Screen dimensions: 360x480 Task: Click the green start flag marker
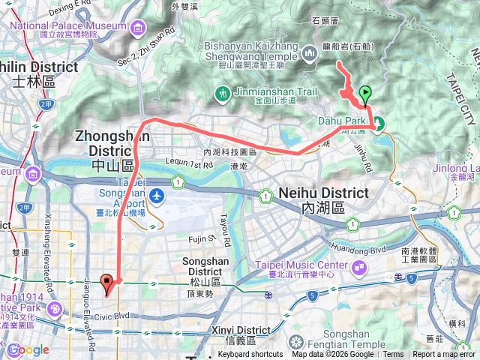click(365, 94)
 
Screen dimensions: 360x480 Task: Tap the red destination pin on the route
click(107, 283)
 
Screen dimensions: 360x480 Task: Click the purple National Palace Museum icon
click(138, 28)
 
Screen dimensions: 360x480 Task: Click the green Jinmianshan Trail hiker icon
click(221, 94)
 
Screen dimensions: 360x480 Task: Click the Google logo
click(28, 349)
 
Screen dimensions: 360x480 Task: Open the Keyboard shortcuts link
click(250, 355)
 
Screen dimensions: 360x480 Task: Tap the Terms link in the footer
click(393, 355)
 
